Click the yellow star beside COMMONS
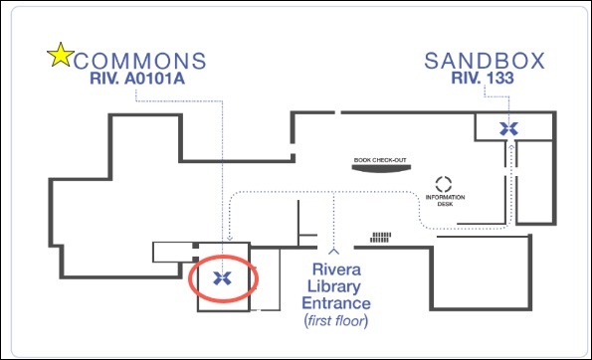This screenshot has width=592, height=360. tap(61, 56)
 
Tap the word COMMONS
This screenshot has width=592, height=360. tap(139, 61)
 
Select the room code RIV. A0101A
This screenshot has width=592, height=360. tap(137, 79)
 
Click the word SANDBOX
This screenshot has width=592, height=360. tap(485, 61)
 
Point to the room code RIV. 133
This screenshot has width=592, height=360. tap(483, 78)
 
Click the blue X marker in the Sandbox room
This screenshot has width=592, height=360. tap(508, 129)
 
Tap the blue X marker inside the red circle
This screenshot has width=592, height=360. tap(222, 278)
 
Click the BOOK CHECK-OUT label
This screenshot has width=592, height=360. tap(380, 160)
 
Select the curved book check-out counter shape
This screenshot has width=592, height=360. tap(381, 169)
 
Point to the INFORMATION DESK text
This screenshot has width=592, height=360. tap(445, 200)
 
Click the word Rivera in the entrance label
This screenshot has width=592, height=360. tap(336, 270)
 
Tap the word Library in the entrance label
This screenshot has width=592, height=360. tap(333, 286)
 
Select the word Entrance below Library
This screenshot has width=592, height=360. tap(336, 303)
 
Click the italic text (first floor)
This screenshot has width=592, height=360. tap(336, 321)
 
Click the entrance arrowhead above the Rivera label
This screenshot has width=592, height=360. tap(333, 251)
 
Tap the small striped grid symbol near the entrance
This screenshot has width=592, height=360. tap(380, 238)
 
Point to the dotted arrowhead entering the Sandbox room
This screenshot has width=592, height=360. tap(511, 147)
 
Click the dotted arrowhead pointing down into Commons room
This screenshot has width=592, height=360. tap(230, 238)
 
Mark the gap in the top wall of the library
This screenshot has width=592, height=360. tap(338, 112)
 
